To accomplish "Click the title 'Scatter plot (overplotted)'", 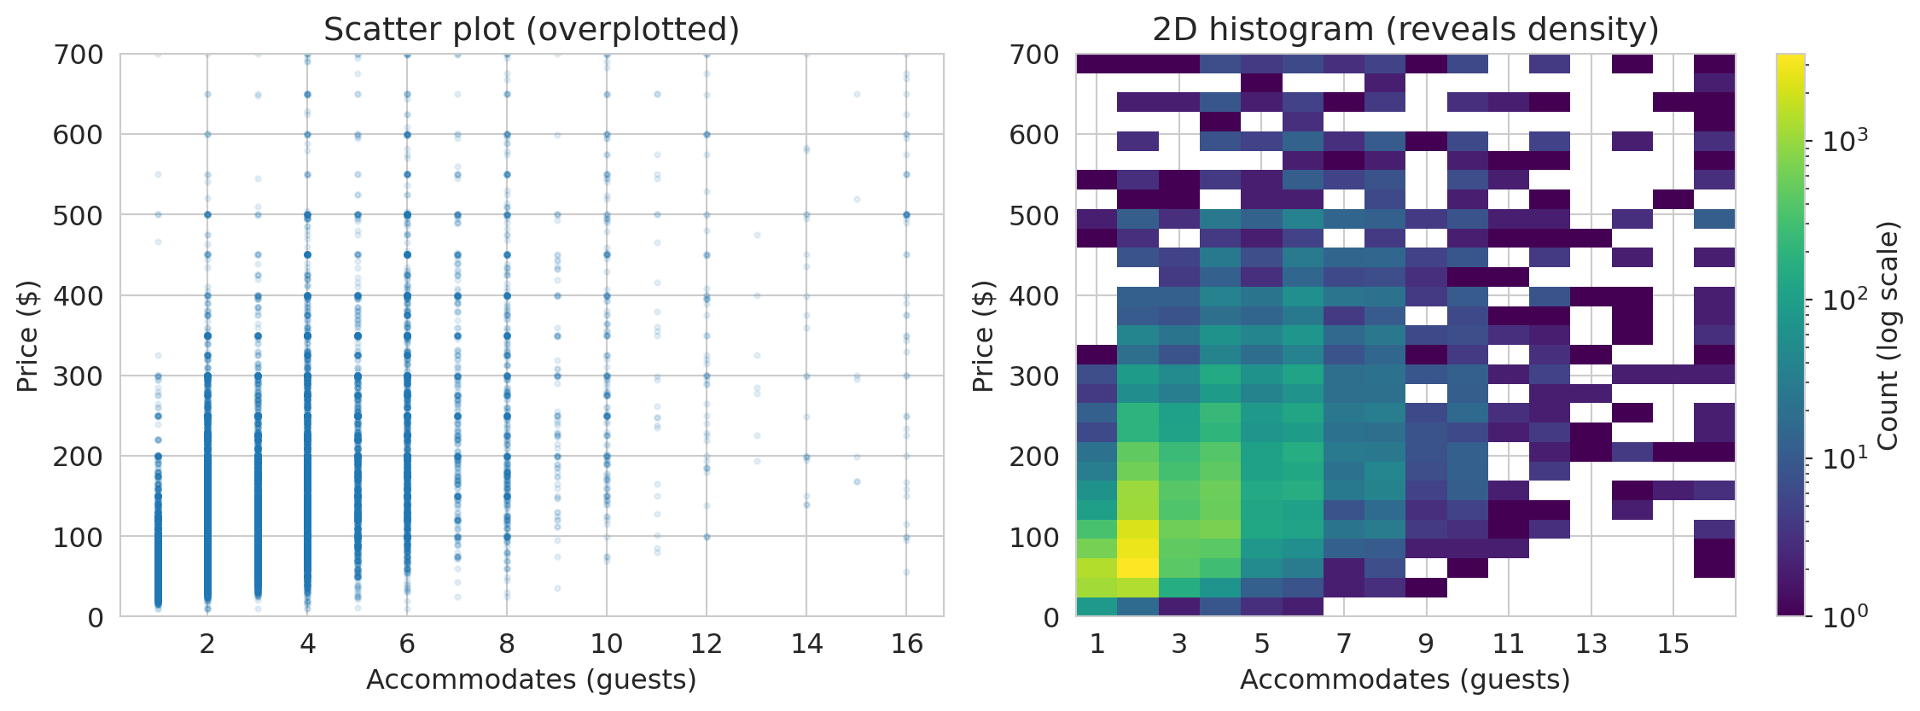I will coord(531,30).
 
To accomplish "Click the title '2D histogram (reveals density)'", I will coord(1405,30).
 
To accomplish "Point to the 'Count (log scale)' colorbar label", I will coord(1888,335).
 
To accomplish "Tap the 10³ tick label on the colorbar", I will coord(1846,140).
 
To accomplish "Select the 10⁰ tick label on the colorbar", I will coord(1846,615).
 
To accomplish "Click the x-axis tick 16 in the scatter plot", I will coord(906,644).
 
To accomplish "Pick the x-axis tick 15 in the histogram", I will coord(1673,644).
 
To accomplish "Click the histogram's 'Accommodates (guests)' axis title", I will coord(1405,679).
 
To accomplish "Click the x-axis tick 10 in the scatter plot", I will coord(606,644).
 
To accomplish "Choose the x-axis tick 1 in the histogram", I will coord(1097,644).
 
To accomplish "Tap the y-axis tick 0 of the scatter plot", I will coord(96,617).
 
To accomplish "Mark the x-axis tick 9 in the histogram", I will coord(1427,644).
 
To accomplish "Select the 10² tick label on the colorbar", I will coord(1846,299).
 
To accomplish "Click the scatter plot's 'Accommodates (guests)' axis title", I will coord(531,679).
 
